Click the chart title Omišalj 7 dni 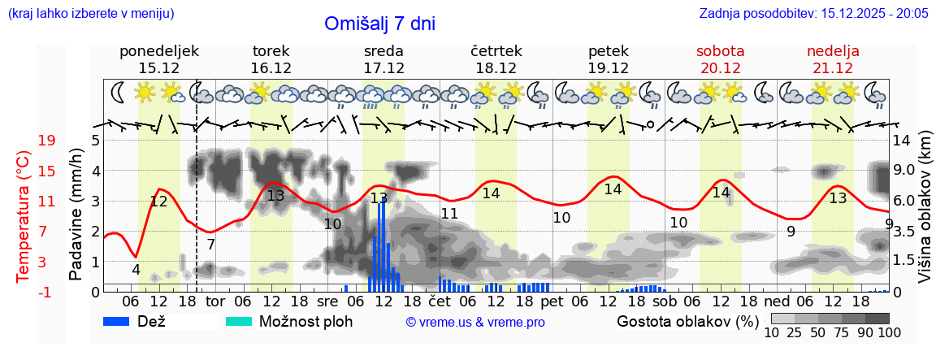click(x=379, y=24)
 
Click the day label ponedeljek click(x=158, y=51)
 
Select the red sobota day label click(x=720, y=51)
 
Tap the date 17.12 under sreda click(x=384, y=68)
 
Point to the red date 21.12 click(x=833, y=68)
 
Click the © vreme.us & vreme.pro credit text click(x=475, y=323)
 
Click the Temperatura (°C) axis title click(x=24, y=215)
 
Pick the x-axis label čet click(x=440, y=301)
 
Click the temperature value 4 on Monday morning click(x=136, y=270)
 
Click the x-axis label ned click(x=787, y=301)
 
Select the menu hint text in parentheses click(x=90, y=14)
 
